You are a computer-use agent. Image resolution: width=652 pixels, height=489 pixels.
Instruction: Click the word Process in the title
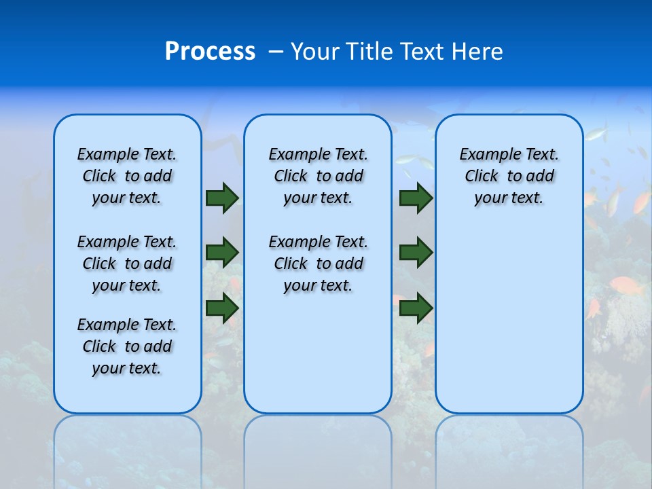[210, 52]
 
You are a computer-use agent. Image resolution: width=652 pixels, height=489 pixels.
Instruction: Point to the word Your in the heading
[315, 52]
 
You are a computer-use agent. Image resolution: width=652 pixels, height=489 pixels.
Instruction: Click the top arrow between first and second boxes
[222, 198]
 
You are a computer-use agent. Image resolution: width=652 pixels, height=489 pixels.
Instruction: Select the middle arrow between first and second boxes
[222, 253]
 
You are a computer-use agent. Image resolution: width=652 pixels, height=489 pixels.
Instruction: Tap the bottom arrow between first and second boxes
[222, 308]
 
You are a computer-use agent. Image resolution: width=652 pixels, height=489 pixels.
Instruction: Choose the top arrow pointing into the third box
[416, 198]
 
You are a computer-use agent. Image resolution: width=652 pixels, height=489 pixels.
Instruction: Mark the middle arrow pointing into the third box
[416, 253]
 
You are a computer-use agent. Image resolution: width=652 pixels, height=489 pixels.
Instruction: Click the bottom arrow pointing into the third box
[416, 308]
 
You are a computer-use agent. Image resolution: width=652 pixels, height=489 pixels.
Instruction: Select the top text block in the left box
[127, 176]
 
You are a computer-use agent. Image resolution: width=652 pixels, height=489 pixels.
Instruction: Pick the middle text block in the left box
[127, 264]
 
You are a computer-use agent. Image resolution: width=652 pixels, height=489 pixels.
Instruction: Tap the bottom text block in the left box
[127, 346]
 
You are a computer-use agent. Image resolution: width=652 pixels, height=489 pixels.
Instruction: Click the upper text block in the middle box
[318, 176]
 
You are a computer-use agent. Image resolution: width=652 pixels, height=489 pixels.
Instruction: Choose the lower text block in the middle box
[318, 264]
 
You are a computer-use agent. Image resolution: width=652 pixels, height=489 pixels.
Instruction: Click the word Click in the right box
[482, 177]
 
